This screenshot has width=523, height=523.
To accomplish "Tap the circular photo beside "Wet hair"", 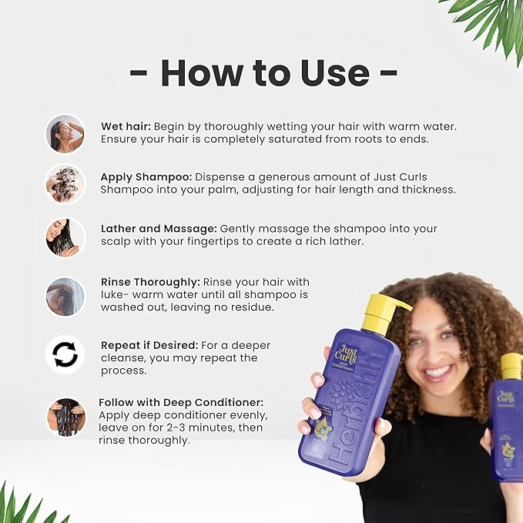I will click(x=65, y=133).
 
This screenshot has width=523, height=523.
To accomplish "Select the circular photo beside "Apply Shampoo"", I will click(x=65, y=183).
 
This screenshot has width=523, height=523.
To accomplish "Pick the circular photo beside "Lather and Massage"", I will click(x=65, y=236).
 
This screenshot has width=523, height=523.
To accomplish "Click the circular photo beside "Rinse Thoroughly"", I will click(x=65, y=296).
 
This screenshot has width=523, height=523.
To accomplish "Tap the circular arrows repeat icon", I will click(x=65, y=354).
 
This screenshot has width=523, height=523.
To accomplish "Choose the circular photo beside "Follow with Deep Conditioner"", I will click(x=65, y=417).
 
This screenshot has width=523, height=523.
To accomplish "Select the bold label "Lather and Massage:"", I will click(x=159, y=229).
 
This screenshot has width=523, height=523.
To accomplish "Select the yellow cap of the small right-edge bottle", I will click(x=511, y=367).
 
